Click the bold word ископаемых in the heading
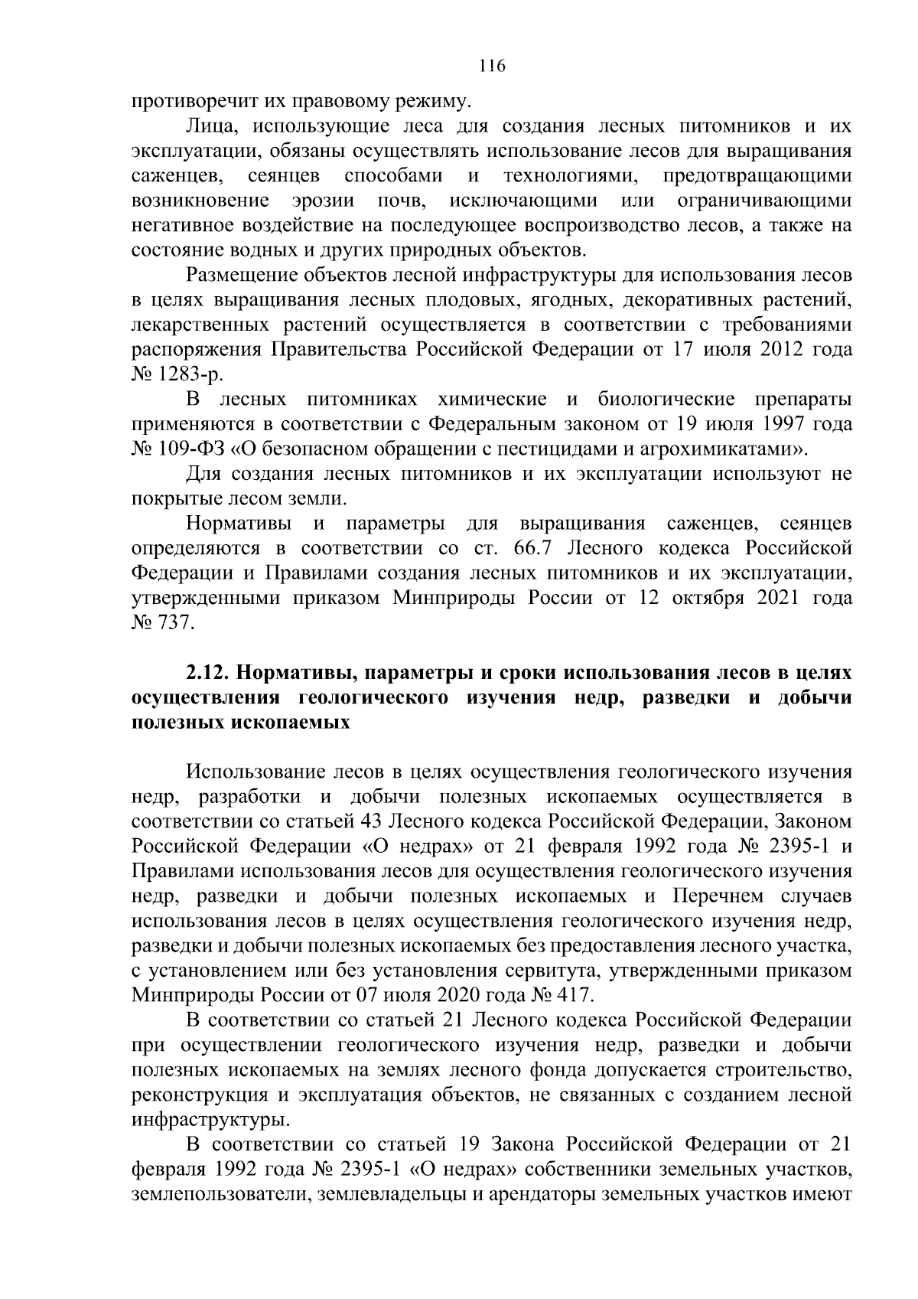(291, 723)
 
